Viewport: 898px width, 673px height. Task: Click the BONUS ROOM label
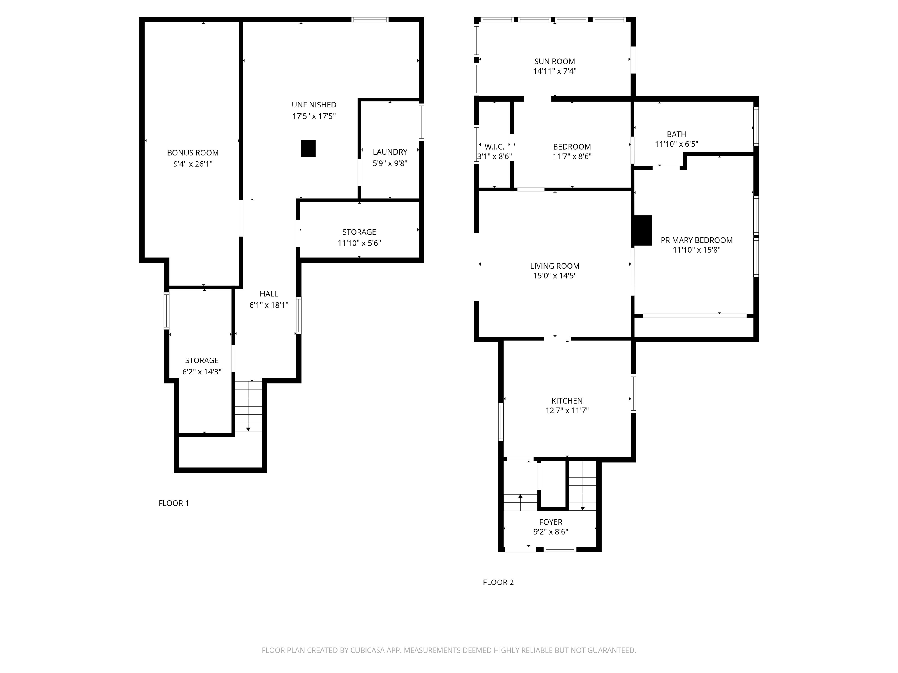click(193, 153)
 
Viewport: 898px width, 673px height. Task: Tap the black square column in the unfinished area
click(308, 148)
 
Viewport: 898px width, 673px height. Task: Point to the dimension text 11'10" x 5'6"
click(359, 243)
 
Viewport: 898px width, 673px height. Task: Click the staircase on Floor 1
click(248, 406)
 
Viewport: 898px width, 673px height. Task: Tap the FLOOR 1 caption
click(174, 503)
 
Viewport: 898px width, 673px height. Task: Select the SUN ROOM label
click(555, 62)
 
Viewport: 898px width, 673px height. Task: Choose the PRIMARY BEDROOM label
click(697, 240)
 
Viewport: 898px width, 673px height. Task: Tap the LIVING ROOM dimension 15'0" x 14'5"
click(555, 276)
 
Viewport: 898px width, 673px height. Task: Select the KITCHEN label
click(567, 401)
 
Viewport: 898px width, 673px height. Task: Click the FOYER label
click(551, 522)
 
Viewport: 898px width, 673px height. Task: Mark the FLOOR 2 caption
click(498, 582)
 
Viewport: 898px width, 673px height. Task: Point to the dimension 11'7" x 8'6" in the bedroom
click(572, 157)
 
